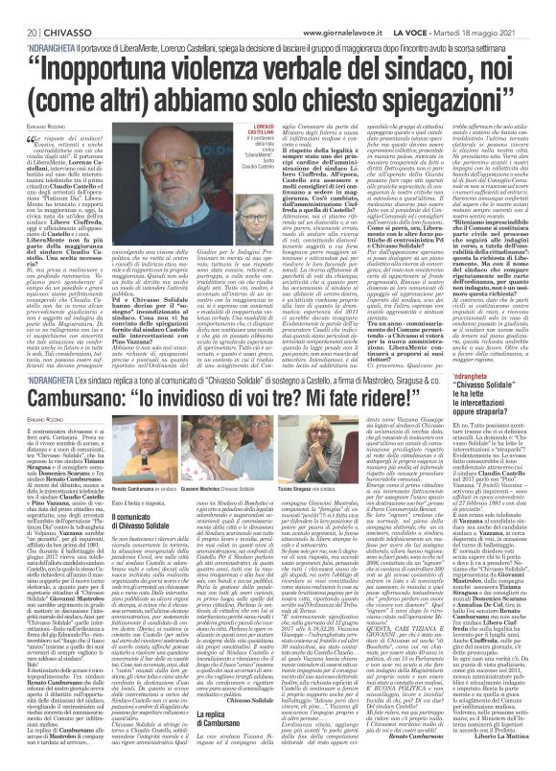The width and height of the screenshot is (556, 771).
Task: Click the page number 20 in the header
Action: (20, 8)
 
